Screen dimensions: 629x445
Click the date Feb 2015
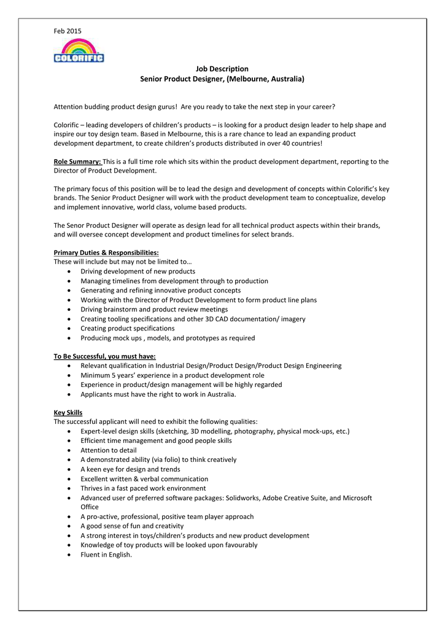coord(68,31)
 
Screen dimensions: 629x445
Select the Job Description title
coord(222,69)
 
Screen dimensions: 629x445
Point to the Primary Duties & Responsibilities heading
coord(106,252)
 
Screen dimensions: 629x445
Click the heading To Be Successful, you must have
coord(104,356)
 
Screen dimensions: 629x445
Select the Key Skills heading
coord(68,412)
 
